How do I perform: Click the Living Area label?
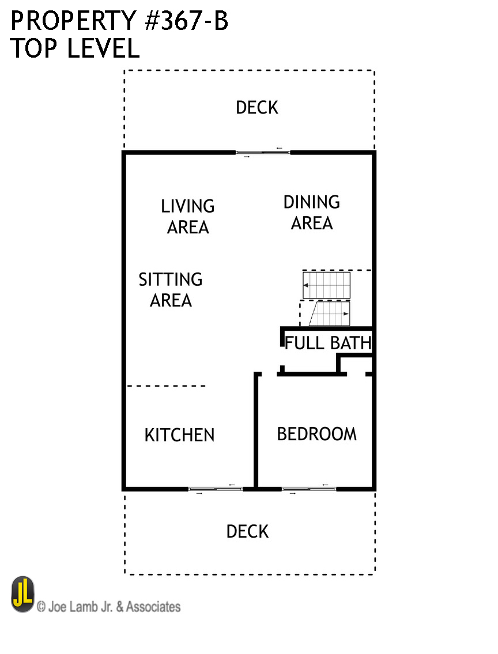point(188,217)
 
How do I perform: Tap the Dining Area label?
point(312,212)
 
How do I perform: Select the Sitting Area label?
point(171,289)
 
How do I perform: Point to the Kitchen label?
point(179,435)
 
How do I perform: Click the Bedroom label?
point(317,434)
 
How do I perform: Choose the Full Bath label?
point(328,343)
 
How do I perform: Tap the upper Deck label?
point(257,108)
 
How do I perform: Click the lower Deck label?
point(247,531)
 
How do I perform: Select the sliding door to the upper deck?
point(263,153)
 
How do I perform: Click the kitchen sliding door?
point(216,489)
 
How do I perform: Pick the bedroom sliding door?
point(310,489)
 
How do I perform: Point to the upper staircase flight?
point(326,285)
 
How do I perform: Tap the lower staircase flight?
point(330,313)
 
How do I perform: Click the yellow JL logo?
point(22,594)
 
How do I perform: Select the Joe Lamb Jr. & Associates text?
point(109,606)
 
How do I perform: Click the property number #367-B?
point(186,21)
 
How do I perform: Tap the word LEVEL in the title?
point(103,48)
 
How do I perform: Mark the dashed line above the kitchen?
point(166,386)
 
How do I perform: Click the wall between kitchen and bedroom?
point(256,430)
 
